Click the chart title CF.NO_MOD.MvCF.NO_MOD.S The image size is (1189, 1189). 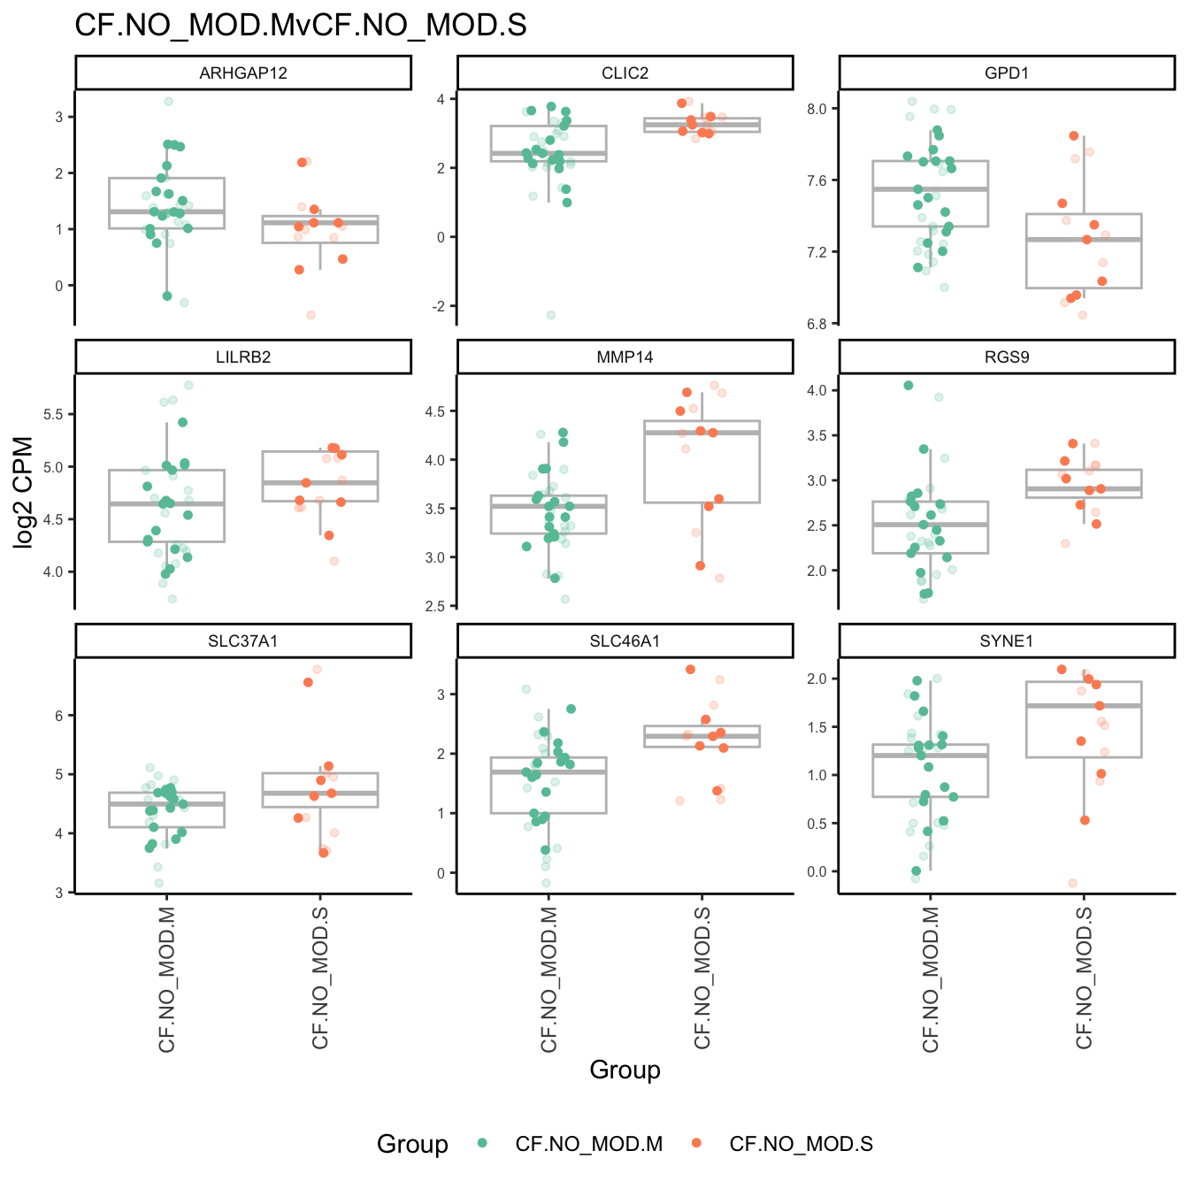pos(301,25)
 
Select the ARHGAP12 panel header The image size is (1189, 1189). pos(243,73)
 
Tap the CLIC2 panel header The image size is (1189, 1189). pos(625,73)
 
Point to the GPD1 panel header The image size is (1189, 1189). pos(1007,73)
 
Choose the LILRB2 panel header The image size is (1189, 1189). pos(243,357)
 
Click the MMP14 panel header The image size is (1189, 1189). pos(625,357)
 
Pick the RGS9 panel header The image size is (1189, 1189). pos(1007,357)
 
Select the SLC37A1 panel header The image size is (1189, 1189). pos(243,641)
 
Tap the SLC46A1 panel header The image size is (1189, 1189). pos(625,641)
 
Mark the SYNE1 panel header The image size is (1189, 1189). pos(1007,641)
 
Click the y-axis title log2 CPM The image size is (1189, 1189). pos(24,493)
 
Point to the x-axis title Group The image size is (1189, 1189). pos(625,1070)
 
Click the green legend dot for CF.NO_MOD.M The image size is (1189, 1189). pos(482,1143)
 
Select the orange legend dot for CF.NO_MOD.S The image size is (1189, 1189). pos(696,1143)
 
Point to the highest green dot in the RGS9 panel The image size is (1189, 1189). pos(909,385)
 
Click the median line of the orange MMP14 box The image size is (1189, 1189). pos(702,433)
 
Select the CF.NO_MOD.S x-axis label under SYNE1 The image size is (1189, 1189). pos(1085,978)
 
